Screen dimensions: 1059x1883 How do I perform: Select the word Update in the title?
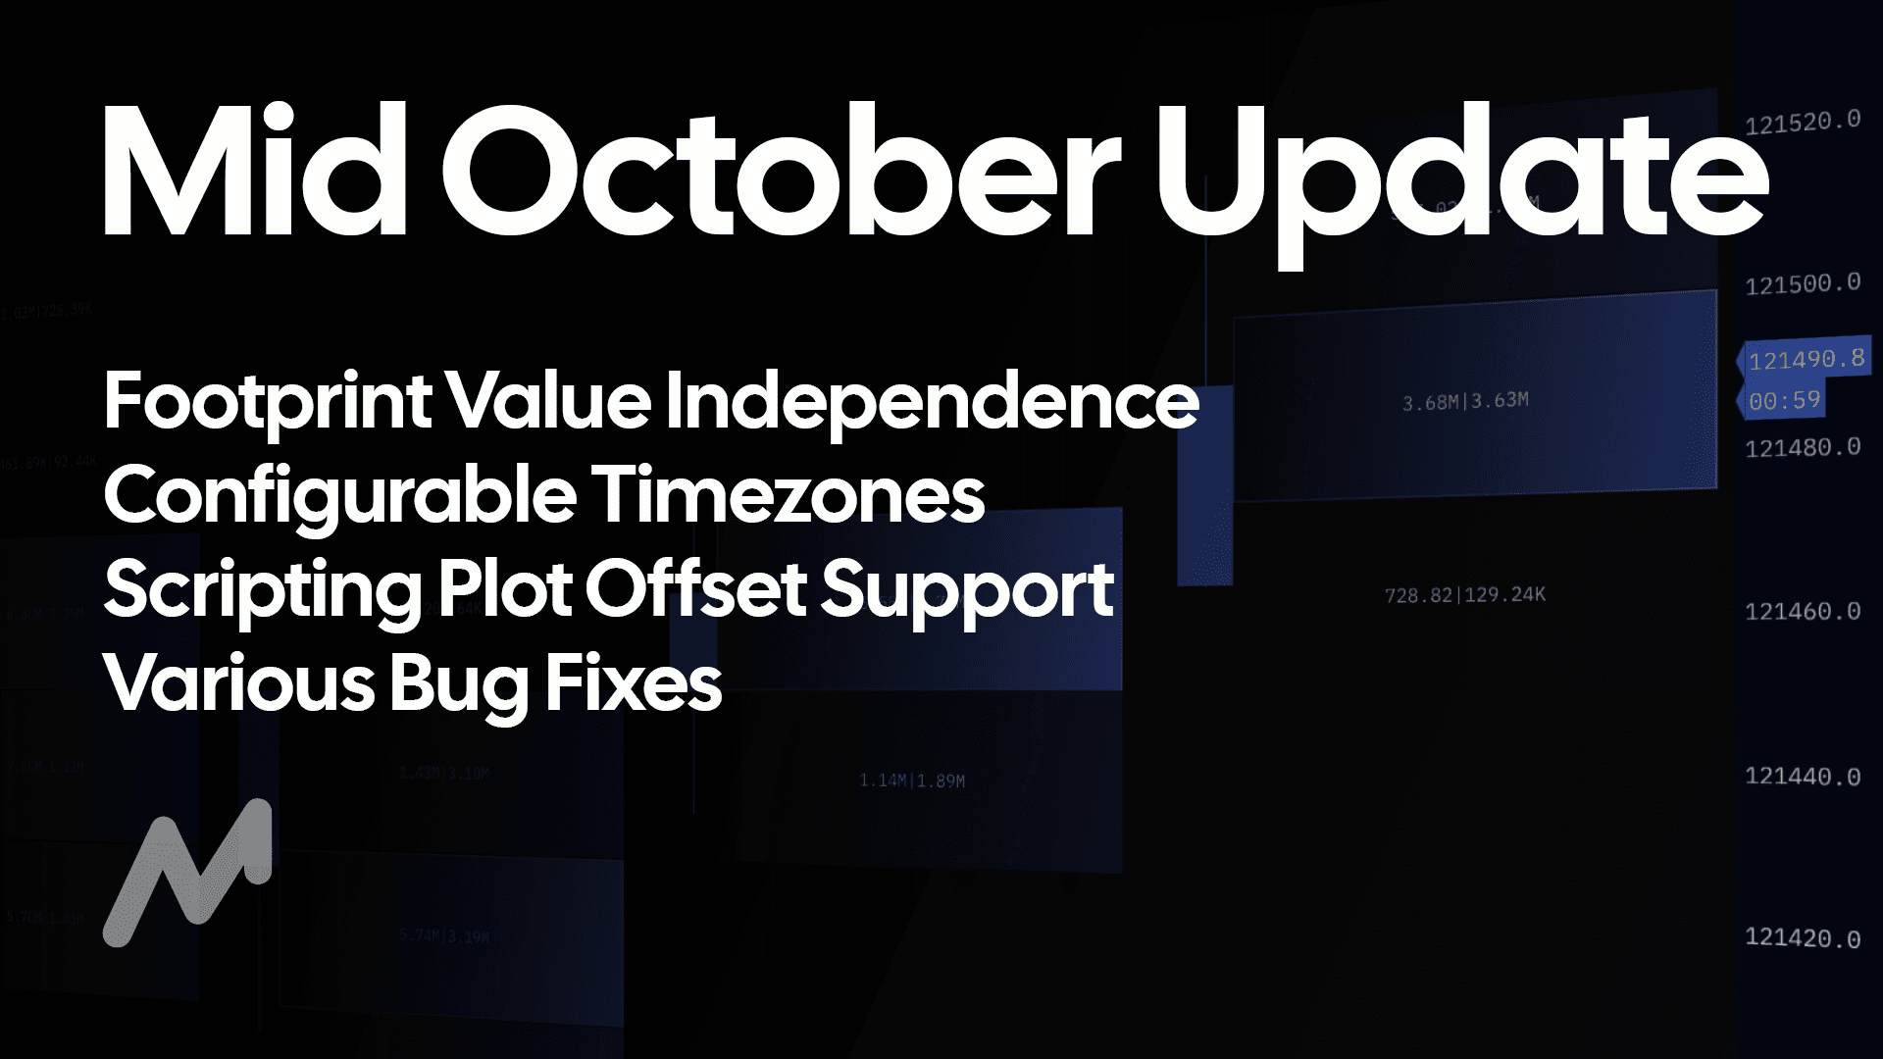pyautogui.click(x=1461, y=176)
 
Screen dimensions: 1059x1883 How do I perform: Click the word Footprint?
pyautogui.click(x=268, y=402)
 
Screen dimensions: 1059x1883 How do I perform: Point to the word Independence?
pyautogui.click(x=932, y=402)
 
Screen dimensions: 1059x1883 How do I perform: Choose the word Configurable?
pyautogui.click(x=339, y=496)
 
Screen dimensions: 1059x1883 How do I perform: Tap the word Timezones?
pyautogui.click(x=789, y=496)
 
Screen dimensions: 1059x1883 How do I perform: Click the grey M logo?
pyautogui.click(x=187, y=873)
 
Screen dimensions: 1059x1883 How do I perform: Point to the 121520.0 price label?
pyautogui.click(x=1803, y=122)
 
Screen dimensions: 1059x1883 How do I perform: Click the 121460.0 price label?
pyautogui.click(x=1803, y=612)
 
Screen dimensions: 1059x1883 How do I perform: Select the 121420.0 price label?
pyautogui.click(x=1803, y=938)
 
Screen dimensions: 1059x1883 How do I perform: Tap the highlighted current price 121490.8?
pyautogui.click(x=1806, y=360)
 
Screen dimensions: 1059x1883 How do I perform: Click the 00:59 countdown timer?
pyautogui.click(x=1784, y=400)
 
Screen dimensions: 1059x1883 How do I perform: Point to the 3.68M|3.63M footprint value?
pyautogui.click(x=1465, y=401)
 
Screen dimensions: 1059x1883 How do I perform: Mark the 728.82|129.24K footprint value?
pyautogui.click(x=1464, y=594)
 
